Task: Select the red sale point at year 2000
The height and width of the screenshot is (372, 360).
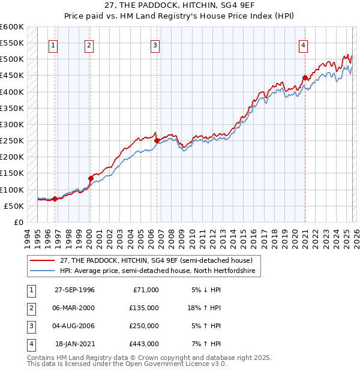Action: tap(91, 178)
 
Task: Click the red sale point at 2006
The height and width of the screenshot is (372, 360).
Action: tap(157, 141)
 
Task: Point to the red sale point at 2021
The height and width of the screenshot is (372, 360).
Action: tap(305, 77)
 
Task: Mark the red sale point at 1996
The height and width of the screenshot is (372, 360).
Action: tap(55, 199)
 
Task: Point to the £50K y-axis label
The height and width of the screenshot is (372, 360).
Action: tap(13, 206)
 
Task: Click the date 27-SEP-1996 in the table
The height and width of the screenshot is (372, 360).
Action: tap(74, 289)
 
